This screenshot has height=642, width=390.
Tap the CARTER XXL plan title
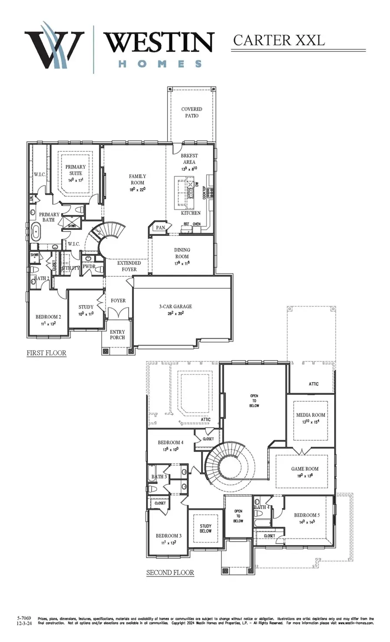point(279,40)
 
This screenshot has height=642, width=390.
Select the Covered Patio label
point(192,113)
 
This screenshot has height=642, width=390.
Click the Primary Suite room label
point(75,170)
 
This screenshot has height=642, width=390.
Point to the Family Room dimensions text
point(137,189)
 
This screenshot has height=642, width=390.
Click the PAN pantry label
point(160,228)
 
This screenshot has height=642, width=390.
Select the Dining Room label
point(182,253)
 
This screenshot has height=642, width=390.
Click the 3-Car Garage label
point(175,306)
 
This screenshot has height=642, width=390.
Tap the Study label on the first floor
point(86,307)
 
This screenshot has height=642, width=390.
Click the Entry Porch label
point(117,335)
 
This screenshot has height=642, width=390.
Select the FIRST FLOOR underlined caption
point(46,353)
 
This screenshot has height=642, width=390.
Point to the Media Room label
point(310,415)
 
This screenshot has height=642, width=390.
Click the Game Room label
point(305,468)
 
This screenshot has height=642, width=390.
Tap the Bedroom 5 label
point(307,515)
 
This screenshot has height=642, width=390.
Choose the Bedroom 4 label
point(170,442)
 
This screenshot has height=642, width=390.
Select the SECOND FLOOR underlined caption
point(170,572)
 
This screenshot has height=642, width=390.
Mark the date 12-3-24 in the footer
point(24,624)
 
